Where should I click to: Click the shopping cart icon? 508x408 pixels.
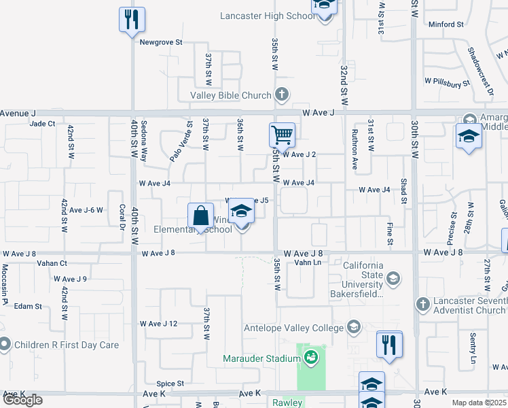[282, 134]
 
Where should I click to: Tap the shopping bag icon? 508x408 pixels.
[201, 217]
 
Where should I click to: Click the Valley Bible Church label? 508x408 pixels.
[230, 96]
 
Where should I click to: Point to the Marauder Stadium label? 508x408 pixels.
[261, 358]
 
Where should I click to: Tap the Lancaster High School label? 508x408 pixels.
[268, 16]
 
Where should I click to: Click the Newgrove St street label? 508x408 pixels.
[162, 42]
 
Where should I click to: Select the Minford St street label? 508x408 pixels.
[446, 24]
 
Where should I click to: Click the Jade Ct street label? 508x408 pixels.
[42, 124]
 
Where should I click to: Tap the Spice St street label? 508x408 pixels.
[170, 384]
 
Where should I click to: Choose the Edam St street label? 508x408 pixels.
[29, 307]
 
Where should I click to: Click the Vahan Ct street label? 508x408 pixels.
[52, 263]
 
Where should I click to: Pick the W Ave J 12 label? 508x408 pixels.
[158, 324]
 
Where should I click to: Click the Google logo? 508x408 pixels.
[22, 400]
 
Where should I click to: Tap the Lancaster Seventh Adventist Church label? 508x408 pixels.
[471, 305]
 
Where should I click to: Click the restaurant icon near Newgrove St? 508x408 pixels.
[131, 19]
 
